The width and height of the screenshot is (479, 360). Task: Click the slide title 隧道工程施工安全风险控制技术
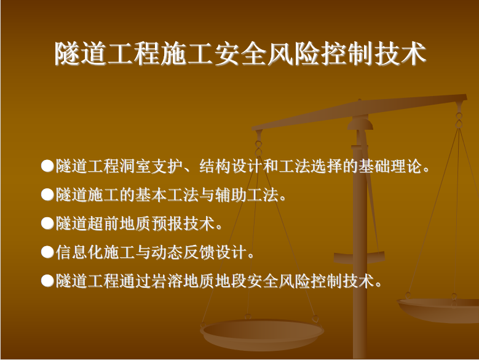[x=240, y=54]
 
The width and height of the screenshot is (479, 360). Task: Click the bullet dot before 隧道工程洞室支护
[x=47, y=166]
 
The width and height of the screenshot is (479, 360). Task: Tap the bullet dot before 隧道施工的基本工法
[x=47, y=194]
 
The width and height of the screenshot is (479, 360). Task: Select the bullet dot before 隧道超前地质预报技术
[x=47, y=223]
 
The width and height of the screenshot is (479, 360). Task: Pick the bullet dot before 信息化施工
[x=47, y=252]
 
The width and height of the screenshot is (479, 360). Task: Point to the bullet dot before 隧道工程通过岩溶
[x=47, y=281]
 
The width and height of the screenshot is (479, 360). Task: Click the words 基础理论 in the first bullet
[x=390, y=166]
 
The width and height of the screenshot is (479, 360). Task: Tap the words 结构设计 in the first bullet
[x=231, y=166]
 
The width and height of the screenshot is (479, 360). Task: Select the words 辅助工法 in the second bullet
[x=247, y=195]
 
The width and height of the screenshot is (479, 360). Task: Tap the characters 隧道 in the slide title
[x=81, y=54]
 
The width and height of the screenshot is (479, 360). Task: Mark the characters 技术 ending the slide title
[x=400, y=54]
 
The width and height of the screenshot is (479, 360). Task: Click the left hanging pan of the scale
[x=262, y=335]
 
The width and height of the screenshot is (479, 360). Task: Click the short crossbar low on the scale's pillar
[x=359, y=257]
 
